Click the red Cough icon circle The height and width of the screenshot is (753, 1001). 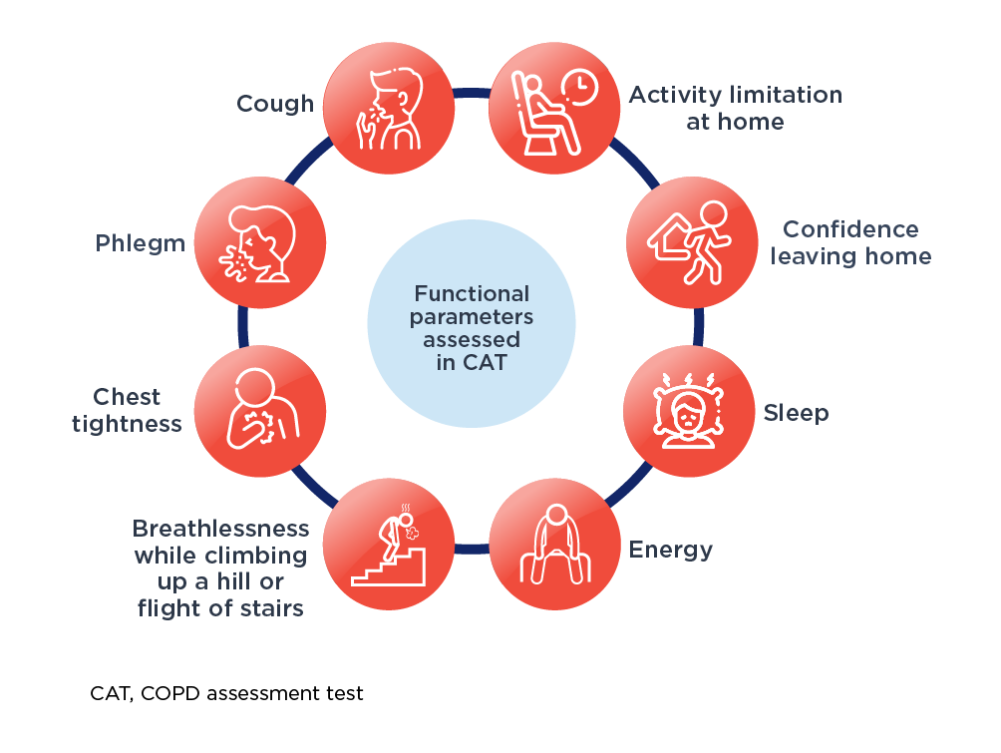(x=389, y=108)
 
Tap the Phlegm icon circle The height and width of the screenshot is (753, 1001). (x=260, y=242)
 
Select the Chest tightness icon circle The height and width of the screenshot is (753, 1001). (x=260, y=411)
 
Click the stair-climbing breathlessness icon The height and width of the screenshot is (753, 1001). (x=389, y=545)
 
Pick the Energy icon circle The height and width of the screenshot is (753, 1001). (x=554, y=545)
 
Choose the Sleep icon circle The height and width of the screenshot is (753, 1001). (x=689, y=411)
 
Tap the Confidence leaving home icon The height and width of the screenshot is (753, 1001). (x=692, y=242)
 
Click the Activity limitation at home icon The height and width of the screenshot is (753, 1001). (x=554, y=108)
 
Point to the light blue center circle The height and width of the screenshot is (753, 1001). (x=472, y=323)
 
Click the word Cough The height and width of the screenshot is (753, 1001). (x=275, y=104)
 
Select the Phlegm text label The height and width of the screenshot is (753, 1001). (x=141, y=243)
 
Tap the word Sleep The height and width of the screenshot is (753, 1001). (x=796, y=413)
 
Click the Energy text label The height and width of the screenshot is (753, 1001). (x=670, y=550)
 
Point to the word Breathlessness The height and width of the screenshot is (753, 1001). (x=221, y=529)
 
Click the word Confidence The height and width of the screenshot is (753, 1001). (x=851, y=228)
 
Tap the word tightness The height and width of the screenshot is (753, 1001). (x=127, y=424)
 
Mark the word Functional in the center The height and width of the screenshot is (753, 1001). (x=472, y=293)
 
